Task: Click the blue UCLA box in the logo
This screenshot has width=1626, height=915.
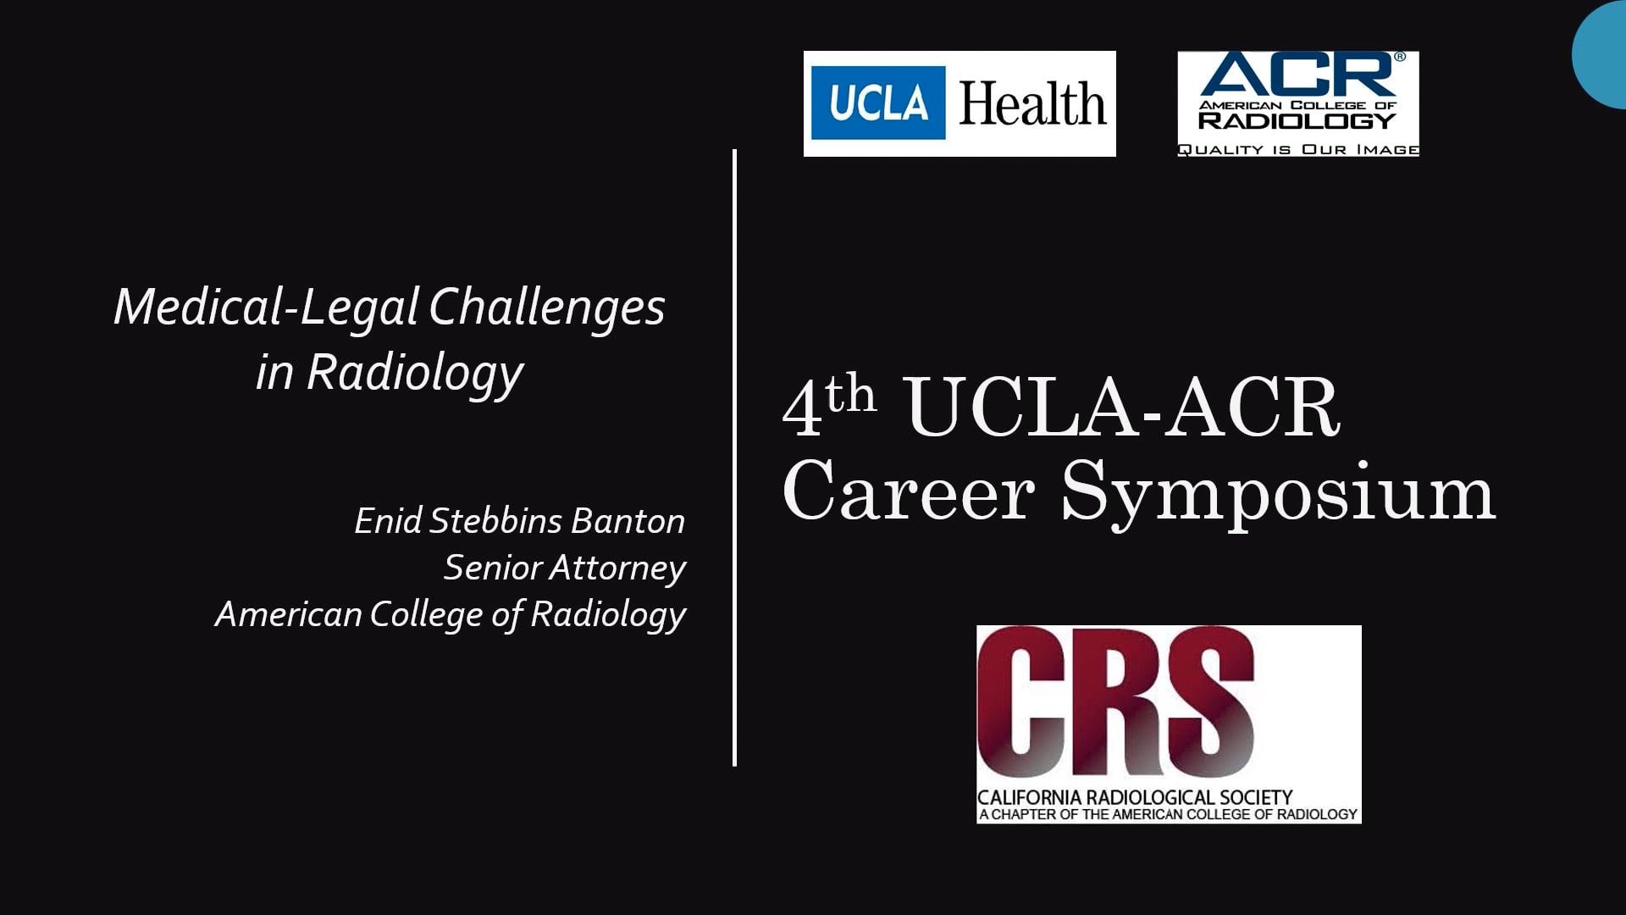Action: pyautogui.click(x=878, y=103)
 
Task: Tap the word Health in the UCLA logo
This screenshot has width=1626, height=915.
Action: pyautogui.click(x=1032, y=104)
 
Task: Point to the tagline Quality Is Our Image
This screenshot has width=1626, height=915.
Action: pyautogui.click(x=1297, y=149)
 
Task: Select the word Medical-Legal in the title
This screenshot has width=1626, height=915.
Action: pyautogui.click(x=266, y=307)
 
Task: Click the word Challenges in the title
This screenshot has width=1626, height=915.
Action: pyautogui.click(x=547, y=307)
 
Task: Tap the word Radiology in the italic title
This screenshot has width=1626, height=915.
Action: pyautogui.click(x=415, y=372)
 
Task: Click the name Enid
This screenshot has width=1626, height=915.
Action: pyautogui.click(x=387, y=521)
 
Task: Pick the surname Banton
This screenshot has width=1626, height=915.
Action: pyautogui.click(x=628, y=521)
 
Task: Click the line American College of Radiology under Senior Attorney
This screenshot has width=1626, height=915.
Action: pyautogui.click(x=451, y=614)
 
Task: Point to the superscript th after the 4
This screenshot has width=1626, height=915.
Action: pyautogui.click(x=850, y=394)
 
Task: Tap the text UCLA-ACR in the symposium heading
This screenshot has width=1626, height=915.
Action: pyautogui.click(x=1123, y=408)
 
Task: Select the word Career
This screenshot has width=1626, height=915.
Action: pyautogui.click(x=908, y=491)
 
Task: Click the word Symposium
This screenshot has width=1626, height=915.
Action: pyautogui.click(x=1278, y=495)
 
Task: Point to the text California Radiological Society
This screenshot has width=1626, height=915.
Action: pyautogui.click(x=1135, y=797)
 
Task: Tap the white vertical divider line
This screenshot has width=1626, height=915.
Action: pyautogui.click(x=734, y=457)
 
